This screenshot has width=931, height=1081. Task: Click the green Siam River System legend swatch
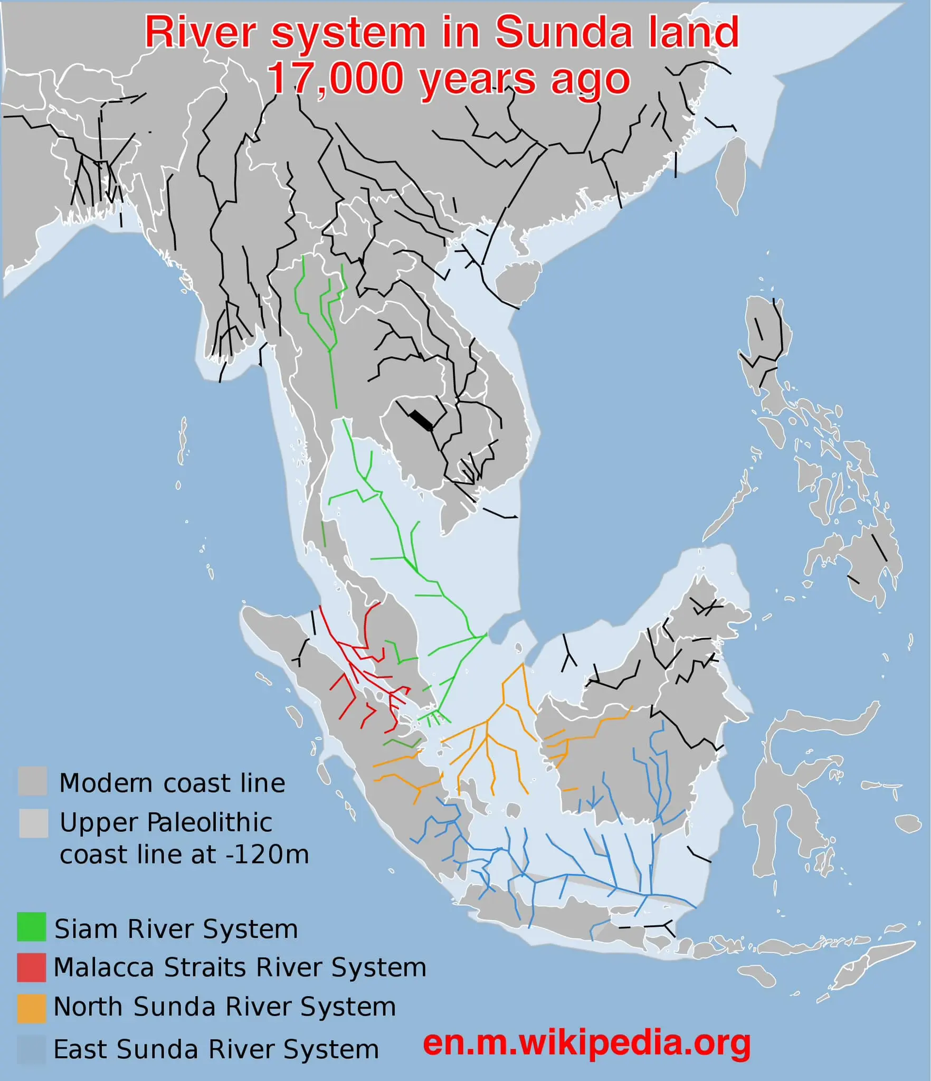click(31, 927)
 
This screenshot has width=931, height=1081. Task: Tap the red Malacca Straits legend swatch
click(31, 967)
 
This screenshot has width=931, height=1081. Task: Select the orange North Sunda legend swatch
click(31, 1007)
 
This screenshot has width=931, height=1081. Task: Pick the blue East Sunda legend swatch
click(31, 1050)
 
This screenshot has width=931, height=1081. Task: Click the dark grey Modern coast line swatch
click(32, 781)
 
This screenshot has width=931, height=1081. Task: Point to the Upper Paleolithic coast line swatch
click(33, 823)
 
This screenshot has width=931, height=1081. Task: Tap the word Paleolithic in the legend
click(209, 822)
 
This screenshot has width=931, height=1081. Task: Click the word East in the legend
click(81, 1049)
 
